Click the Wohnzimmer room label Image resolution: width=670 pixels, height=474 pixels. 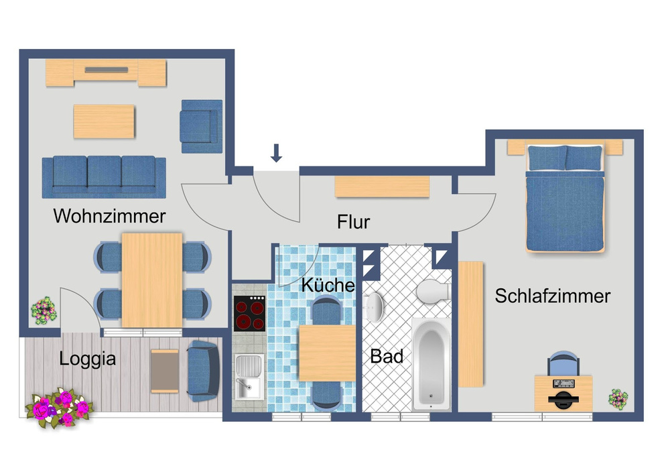pyautogui.click(x=110, y=217)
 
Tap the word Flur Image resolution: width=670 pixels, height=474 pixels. pyautogui.click(x=354, y=221)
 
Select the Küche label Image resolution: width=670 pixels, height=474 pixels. pyautogui.click(x=328, y=284)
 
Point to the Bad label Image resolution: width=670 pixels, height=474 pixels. pyautogui.click(x=387, y=356)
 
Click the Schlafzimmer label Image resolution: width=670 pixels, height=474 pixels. pyautogui.click(x=553, y=296)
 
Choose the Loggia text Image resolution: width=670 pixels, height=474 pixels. pyautogui.click(x=88, y=358)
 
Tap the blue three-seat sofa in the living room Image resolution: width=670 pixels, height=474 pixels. pyautogui.click(x=104, y=177)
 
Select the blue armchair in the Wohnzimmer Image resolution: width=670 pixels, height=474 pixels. pyautogui.click(x=200, y=121)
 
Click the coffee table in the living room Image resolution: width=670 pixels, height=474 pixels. pyautogui.click(x=104, y=121)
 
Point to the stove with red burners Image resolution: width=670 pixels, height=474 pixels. pyautogui.click(x=249, y=312)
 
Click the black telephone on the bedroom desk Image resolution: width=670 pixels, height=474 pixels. pyautogui.click(x=563, y=400)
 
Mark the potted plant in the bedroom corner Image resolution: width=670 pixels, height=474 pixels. pyautogui.click(x=618, y=399)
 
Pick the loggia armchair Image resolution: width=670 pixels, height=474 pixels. pyautogui.click(x=202, y=371)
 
